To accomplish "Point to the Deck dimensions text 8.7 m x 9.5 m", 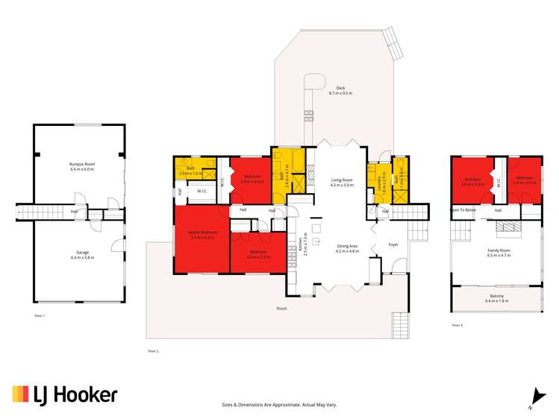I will [340, 93].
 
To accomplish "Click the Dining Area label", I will [347, 248].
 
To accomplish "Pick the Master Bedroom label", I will [202, 232].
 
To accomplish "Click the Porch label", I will [281, 308].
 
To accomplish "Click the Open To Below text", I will [463, 210].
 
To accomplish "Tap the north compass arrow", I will [534, 397].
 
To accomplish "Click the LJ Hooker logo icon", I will [20, 394].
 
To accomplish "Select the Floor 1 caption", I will [40, 316].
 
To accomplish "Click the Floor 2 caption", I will [153, 350].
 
